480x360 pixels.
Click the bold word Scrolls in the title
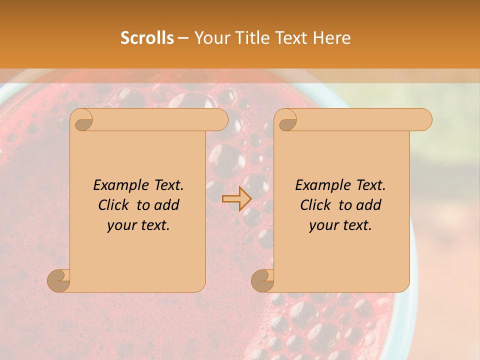pos(147,38)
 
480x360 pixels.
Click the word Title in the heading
pos(250,38)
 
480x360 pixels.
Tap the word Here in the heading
pos(331,38)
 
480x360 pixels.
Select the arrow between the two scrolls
pos(236,198)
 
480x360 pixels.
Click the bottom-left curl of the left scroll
pos(59,280)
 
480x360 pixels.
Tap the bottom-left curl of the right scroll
pos(263,280)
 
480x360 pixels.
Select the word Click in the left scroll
pos(115,205)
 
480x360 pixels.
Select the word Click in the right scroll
pos(317,205)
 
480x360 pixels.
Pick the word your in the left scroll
pos(121,225)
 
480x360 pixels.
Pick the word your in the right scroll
pos(323,225)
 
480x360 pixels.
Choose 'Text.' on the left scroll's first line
pos(168,185)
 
